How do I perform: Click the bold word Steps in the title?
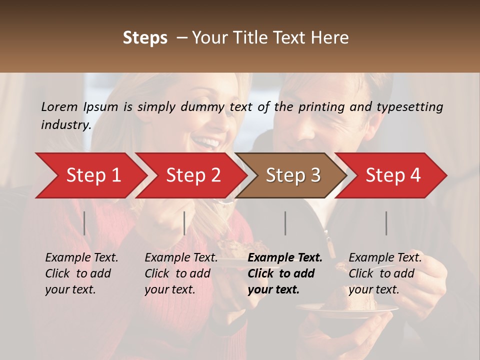[145, 38]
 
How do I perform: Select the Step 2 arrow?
[192, 175]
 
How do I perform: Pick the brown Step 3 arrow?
[292, 175]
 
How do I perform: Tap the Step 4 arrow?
[392, 175]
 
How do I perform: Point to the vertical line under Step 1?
[84, 223]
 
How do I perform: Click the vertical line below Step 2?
[184, 223]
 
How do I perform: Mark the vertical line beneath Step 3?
[285, 223]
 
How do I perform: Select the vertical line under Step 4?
[386, 223]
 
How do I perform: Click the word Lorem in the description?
[59, 106]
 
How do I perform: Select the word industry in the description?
[65, 125]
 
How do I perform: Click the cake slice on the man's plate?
[350, 300]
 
